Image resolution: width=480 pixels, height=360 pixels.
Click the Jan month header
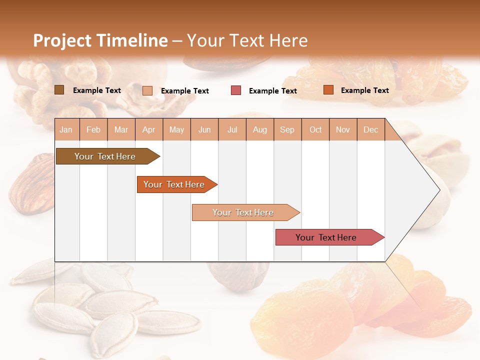(x=66, y=129)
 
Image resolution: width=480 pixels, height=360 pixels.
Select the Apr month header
(x=149, y=129)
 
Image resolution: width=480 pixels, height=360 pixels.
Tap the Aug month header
(x=259, y=129)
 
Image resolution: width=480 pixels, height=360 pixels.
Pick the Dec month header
(x=370, y=129)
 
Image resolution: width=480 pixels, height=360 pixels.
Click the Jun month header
(x=204, y=129)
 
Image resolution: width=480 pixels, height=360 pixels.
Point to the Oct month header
(x=315, y=129)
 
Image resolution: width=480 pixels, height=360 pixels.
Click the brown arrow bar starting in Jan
(x=105, y=156)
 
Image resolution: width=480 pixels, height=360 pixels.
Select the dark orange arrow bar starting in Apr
(x=174, y=184)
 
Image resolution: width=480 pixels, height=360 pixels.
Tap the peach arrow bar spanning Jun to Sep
(x=243, y=212)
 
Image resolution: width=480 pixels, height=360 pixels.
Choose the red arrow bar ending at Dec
(x=326, y=237)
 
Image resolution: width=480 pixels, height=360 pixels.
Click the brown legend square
(x=59, y=90)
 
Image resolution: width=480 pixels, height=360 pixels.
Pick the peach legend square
(x=147, y=90)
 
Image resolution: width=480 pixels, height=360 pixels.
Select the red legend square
(x=236, y=90)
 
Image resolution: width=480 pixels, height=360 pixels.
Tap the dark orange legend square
(x=328, y=90)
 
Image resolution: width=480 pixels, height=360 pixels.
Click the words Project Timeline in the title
(x=100, y=40)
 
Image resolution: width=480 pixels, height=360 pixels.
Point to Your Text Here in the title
(x=247, y=40)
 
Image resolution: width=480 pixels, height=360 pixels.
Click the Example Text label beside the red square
(x=272, y=91)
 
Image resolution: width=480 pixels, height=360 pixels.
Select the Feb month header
(x=93, y=129)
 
